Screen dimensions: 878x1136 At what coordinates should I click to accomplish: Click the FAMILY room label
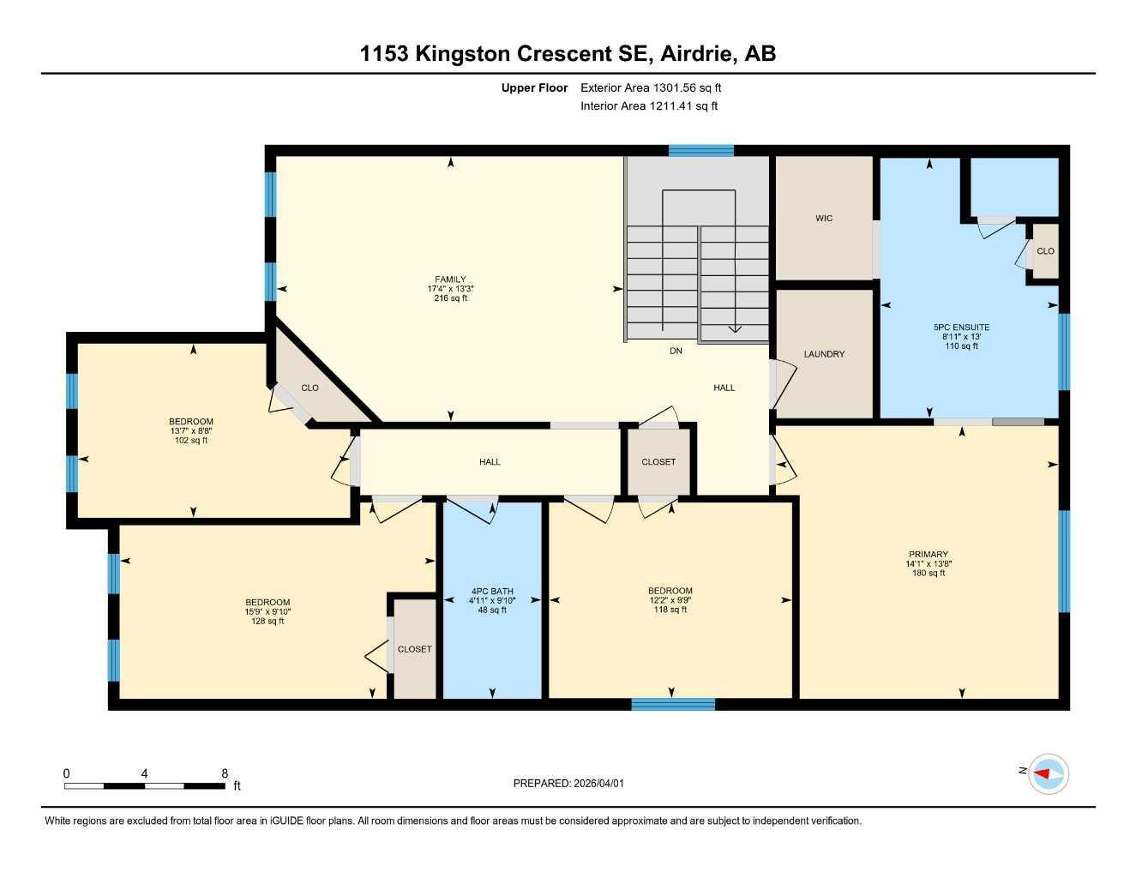pyautogui.click(x=450, y=279)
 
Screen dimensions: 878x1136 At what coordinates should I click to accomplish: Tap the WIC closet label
pyautogui.click(x=824, y=219)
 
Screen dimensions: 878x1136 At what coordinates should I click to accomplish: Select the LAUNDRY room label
pyautogui.click(x=824, y=354)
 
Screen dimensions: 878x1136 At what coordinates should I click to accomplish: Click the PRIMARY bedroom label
pyautogui.click(x=928, y=554)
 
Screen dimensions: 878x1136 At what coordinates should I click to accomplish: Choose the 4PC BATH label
pyautogui.click(x=492, y=591)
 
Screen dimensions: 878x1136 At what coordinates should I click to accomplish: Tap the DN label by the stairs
pyautogui.click(x=676, y=351)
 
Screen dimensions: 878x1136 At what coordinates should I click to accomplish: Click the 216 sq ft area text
pyautogui.click(x=450, y=298)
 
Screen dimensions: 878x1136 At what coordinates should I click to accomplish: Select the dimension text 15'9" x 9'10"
pyautogui.click(x=267, y=611)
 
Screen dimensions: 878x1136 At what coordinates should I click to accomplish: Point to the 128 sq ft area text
pyautogui.click(x=267, y=622)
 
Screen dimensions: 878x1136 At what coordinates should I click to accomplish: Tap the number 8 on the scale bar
pyautogui.click(x=224, y=773)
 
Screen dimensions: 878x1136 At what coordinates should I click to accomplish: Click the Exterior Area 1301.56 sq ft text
pyautogui.click(x=651, y=87)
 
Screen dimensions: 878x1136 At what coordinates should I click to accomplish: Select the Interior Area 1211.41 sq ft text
pyautogui.click(x=649, y=106)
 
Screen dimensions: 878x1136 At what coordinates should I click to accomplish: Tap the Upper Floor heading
pyautogui.click(x=534, y=87)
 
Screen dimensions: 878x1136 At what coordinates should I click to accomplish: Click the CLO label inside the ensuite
pyautogui.click(x=1045, y=251)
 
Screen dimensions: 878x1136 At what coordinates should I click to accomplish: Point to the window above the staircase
pyautogui.click(x=701, y=150)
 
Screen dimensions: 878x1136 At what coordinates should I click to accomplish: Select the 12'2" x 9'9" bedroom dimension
pyautogui.click(x=670, y=600)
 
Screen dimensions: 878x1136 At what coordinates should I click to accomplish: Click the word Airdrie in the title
pyautogui.click(x=698, y=54)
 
